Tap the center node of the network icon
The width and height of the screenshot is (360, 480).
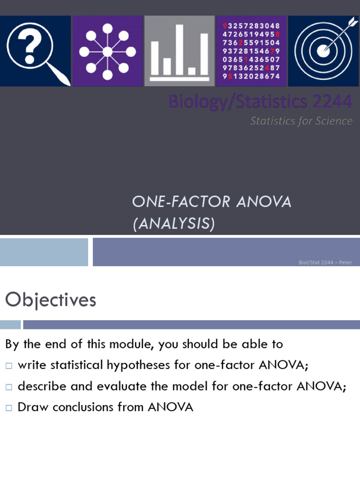[x=107, y=52]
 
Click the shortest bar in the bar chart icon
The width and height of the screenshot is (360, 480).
[x=192, y=71]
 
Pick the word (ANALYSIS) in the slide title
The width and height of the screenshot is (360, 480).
[x=173, y=225]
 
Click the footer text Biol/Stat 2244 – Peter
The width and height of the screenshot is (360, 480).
[x=325, y=262]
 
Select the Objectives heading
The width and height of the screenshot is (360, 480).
[x=51, y=300]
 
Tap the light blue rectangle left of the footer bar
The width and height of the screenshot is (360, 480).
[x=44, y=252]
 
